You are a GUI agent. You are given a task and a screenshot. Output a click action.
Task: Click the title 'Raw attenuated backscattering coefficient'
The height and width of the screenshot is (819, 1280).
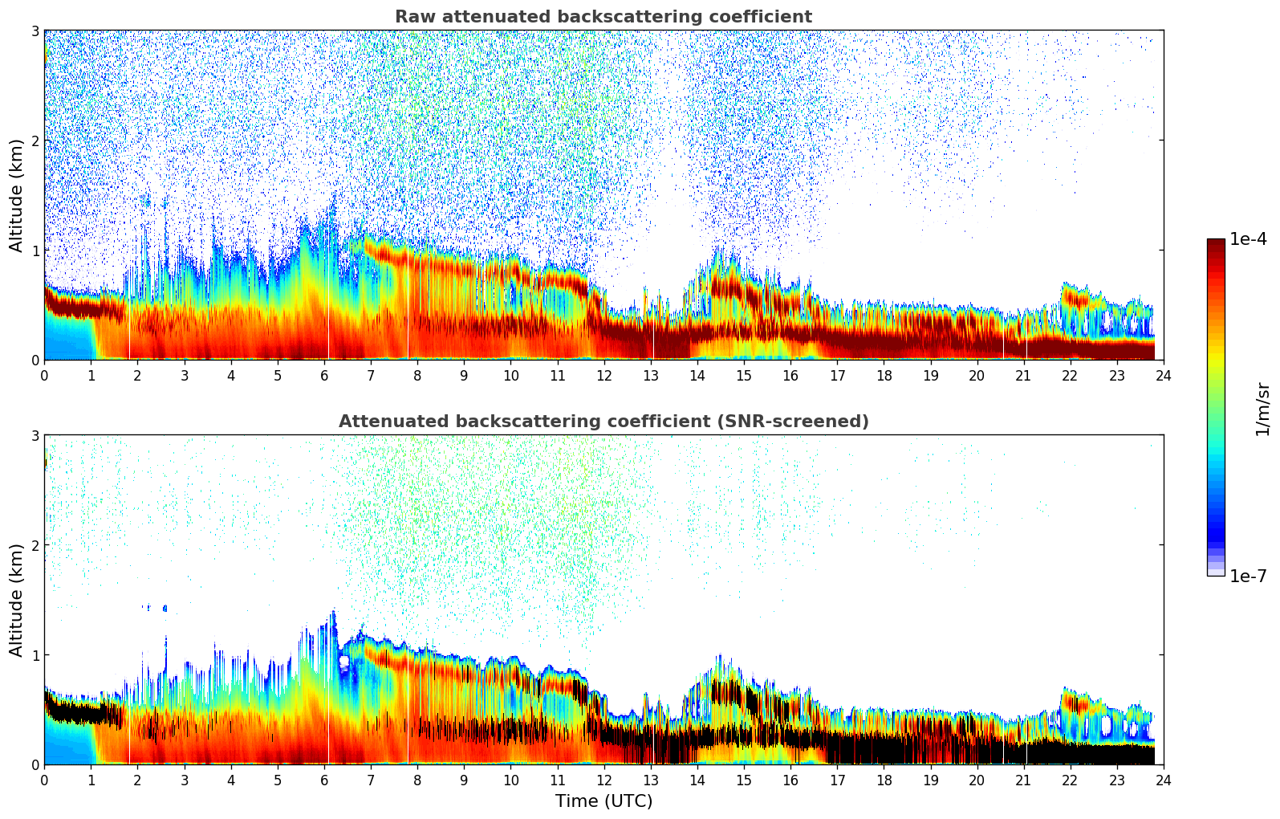coord(603,17)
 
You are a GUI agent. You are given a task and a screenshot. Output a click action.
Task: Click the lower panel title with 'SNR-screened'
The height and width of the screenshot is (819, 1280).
coord(603,422)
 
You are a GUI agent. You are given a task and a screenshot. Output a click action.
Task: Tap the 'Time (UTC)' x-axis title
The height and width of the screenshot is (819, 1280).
coord(603,801)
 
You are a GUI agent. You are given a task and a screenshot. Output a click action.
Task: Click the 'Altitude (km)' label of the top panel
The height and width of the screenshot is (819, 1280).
coord(17,195)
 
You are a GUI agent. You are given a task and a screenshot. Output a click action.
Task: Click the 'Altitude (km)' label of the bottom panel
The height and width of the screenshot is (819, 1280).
coord(17,600)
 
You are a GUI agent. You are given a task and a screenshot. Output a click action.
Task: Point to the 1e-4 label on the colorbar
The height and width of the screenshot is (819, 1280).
coord(1248,239)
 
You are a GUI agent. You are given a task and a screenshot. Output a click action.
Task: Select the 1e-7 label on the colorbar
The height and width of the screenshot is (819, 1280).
coord(1248,577)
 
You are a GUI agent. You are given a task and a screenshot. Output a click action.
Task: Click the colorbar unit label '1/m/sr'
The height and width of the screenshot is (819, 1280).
coord(1262,409)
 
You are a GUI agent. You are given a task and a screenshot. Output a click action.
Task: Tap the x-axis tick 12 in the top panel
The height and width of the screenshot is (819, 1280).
coord(603,376)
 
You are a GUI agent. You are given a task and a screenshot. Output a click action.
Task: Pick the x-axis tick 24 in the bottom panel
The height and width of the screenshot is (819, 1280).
coord(1163,780)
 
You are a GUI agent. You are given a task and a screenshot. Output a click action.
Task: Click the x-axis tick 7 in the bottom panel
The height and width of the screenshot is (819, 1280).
coord(371,780)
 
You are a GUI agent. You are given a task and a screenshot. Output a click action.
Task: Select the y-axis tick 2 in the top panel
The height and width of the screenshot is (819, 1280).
coord(35,141)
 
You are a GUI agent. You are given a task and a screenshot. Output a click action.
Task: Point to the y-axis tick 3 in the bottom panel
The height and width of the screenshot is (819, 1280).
coord(35,436)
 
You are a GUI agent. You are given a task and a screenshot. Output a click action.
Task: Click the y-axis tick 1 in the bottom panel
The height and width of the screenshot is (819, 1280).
coord(35,655)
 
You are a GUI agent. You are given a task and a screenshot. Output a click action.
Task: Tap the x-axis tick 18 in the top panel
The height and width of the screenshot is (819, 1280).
coord(884,376)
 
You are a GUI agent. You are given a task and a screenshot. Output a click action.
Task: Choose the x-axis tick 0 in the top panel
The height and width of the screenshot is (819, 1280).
coord(44,376)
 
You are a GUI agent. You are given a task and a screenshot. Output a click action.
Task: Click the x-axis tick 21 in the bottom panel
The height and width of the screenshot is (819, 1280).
coord(1023,780)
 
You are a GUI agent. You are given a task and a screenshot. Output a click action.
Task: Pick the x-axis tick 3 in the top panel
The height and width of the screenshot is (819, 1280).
coord(184,376)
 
